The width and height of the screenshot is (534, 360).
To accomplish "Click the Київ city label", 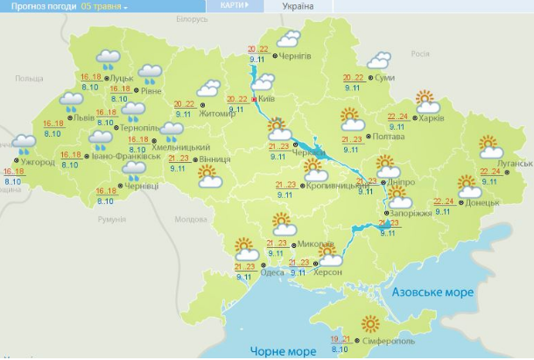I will [268, 99].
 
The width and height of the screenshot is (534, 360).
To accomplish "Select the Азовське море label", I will [432, 292].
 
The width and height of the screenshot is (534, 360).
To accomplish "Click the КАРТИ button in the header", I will [231, 5].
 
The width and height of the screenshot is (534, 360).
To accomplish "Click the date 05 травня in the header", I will [103, 6].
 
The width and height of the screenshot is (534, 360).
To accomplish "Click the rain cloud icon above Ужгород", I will [24, 142].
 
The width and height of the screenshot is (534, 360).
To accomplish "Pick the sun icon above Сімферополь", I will [374, 323].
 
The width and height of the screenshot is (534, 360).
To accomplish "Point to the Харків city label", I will [432, 117].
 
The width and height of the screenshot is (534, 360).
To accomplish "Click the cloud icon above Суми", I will [378, 61].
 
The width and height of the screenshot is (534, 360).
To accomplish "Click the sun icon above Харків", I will [425, 98].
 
